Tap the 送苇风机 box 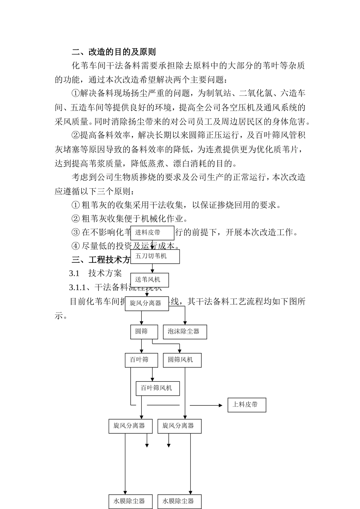pyautogui.click(x=149, y=280)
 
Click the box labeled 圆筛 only pyautogui.click(x=141, y=332)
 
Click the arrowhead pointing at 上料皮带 pyautogui.click(x=221, y=405)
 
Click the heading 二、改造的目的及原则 pyautogui.click(x=114, y=52)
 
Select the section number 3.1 pyautogui.click(x=74, y=273)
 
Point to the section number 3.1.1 pyautogui.click(x=79, y=287)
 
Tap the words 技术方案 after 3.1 pyautogui.click(x=105, y=273)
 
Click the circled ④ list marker pyautogui.click(x=75, y=246)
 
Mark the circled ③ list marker pyautogui.click(x=75, y=232)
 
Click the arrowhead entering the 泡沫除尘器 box pyautogui.click(x=185, y=323)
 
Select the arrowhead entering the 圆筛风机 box pyautogui.click(x=180, y=351)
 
